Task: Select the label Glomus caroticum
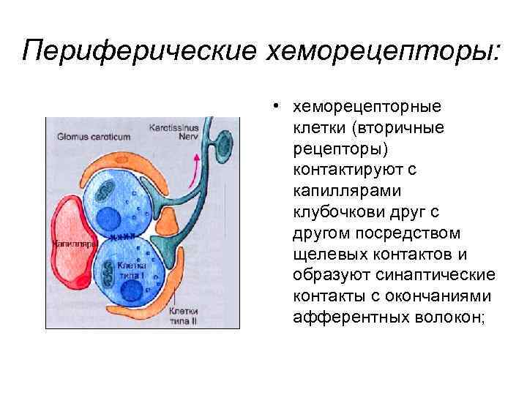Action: point(89,135)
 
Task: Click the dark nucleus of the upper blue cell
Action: point(109,219)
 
